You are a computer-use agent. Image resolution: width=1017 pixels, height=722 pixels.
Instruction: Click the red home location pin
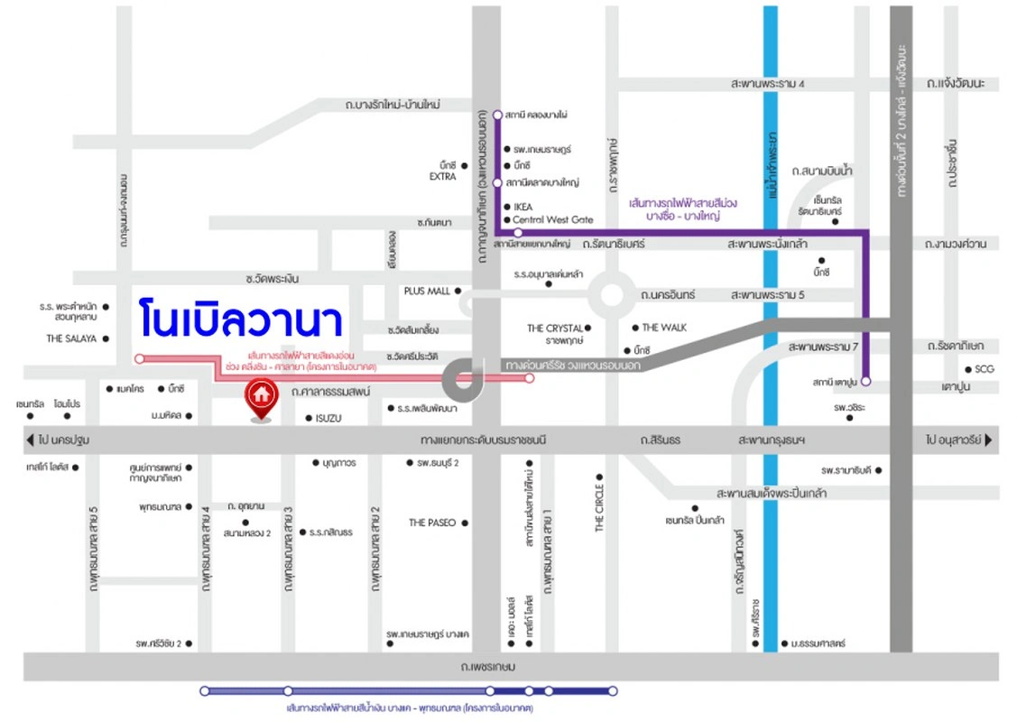(262, 397)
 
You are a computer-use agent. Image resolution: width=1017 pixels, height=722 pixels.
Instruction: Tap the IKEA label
(522, 207)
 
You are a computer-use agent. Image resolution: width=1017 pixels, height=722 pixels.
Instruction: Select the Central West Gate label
(552, 219)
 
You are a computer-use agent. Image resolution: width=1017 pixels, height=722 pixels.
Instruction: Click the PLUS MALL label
(427, 292)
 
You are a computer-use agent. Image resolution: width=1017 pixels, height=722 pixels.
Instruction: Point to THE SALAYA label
(71, 338)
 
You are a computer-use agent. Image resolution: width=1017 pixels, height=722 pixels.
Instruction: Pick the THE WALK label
(664, 328)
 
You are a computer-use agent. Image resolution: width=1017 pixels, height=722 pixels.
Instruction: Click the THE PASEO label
(432, 523)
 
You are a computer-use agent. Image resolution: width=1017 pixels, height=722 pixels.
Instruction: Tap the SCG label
(984, 368)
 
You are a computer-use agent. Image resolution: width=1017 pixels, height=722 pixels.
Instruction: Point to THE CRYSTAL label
(555, 329)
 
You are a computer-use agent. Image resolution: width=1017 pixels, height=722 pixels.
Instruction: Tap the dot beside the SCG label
(967, 368)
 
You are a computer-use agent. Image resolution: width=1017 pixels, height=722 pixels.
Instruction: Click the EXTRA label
(442, 177)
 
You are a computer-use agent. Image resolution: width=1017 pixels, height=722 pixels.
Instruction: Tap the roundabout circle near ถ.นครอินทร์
(609, 295)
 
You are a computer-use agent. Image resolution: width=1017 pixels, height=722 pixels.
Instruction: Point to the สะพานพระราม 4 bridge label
(768, 83)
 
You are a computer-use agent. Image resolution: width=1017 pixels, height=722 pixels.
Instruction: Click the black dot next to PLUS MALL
(458, 291)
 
